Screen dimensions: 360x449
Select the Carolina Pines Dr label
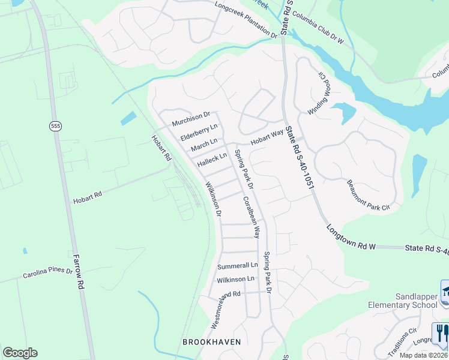pos(47,274)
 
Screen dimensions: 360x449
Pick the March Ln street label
pos(204,145)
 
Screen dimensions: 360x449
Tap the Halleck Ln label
pos(212,160)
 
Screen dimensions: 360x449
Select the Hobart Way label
pos(267,138)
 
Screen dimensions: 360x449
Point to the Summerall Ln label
pos(237,265)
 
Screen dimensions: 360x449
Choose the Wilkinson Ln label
pos(235,279)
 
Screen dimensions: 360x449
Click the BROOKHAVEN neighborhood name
pos(211,342)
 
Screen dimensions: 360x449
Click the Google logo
pos(20,353)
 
